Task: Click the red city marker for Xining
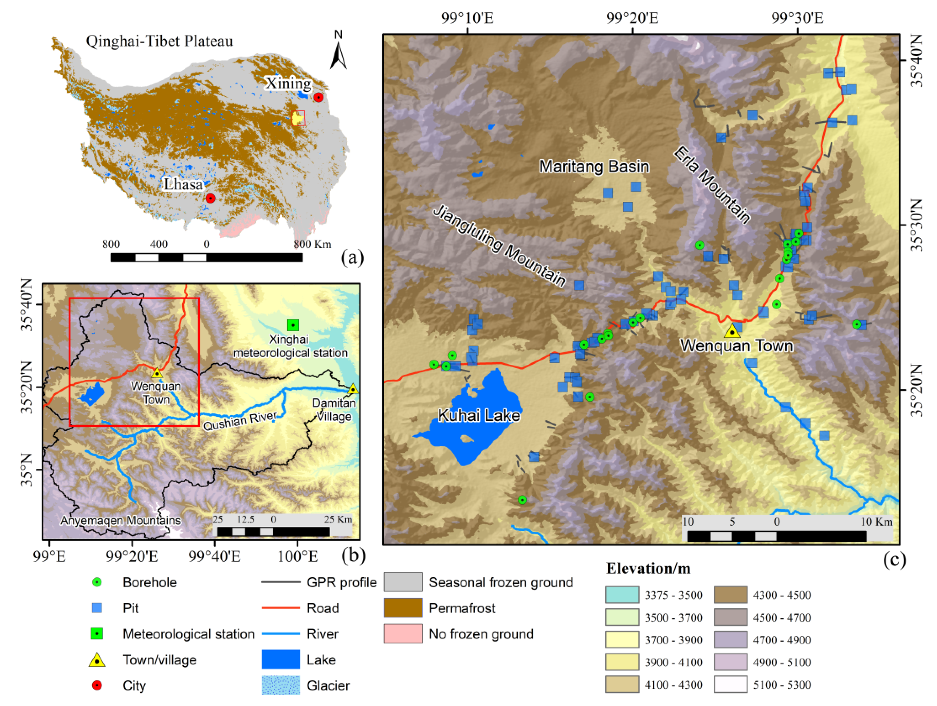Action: (x=318, y=97)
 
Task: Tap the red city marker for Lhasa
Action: (x=210, y=198)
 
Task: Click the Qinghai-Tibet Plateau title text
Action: (x=159, y=41)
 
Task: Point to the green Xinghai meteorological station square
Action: (x=293, y=325)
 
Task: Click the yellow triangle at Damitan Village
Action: (x=353, y=389)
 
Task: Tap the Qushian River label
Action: (x=240, y=421)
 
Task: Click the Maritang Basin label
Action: (x=594, y=166)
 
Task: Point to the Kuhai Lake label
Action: (x=479, y=415)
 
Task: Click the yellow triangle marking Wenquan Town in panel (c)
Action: (x=732, y=331)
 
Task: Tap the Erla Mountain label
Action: (x=712, y=185)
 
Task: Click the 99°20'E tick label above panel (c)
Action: (x=632, y=18)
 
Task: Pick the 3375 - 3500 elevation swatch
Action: (x=622, y=595)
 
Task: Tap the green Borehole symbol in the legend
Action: (x=97, y=582)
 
